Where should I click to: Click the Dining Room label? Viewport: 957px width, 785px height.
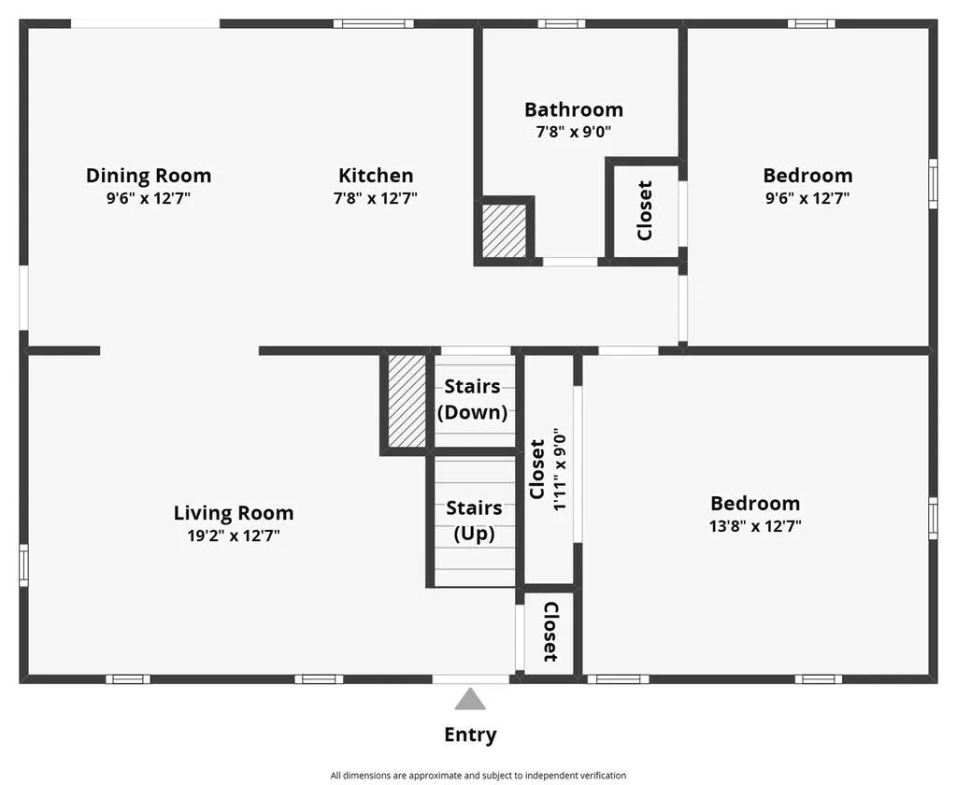pos(149,175)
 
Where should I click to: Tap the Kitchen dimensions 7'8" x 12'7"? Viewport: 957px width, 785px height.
pos(376,198)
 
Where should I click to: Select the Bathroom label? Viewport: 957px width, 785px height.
pos(573,109)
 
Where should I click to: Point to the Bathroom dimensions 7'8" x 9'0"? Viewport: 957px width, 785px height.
pos(573,132)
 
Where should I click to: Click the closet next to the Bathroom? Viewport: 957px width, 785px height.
pos(644,210)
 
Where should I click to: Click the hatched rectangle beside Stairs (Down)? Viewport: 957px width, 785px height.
pos(407,400)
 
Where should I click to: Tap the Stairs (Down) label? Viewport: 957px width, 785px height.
pos(473,399)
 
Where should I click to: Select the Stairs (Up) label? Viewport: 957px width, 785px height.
pos(474,521)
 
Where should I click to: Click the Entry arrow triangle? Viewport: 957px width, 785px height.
pos(470,700)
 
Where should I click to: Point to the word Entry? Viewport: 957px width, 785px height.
pos(470,735)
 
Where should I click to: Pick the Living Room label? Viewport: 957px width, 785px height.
pos(234,512)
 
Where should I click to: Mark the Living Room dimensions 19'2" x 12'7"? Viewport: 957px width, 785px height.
pos(234,535)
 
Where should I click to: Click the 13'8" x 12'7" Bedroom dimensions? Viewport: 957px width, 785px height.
pos(755,526)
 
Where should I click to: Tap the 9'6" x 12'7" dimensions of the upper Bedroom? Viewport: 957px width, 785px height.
pos(807,198)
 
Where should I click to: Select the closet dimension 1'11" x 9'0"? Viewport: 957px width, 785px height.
pos(559,469)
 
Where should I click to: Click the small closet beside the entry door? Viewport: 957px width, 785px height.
pos(550,632)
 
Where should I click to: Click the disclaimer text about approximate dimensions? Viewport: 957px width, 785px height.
pos(478,775)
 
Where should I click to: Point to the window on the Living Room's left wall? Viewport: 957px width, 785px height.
pos(24,565)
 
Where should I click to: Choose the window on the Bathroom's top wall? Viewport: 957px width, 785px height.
pos(562,23)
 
